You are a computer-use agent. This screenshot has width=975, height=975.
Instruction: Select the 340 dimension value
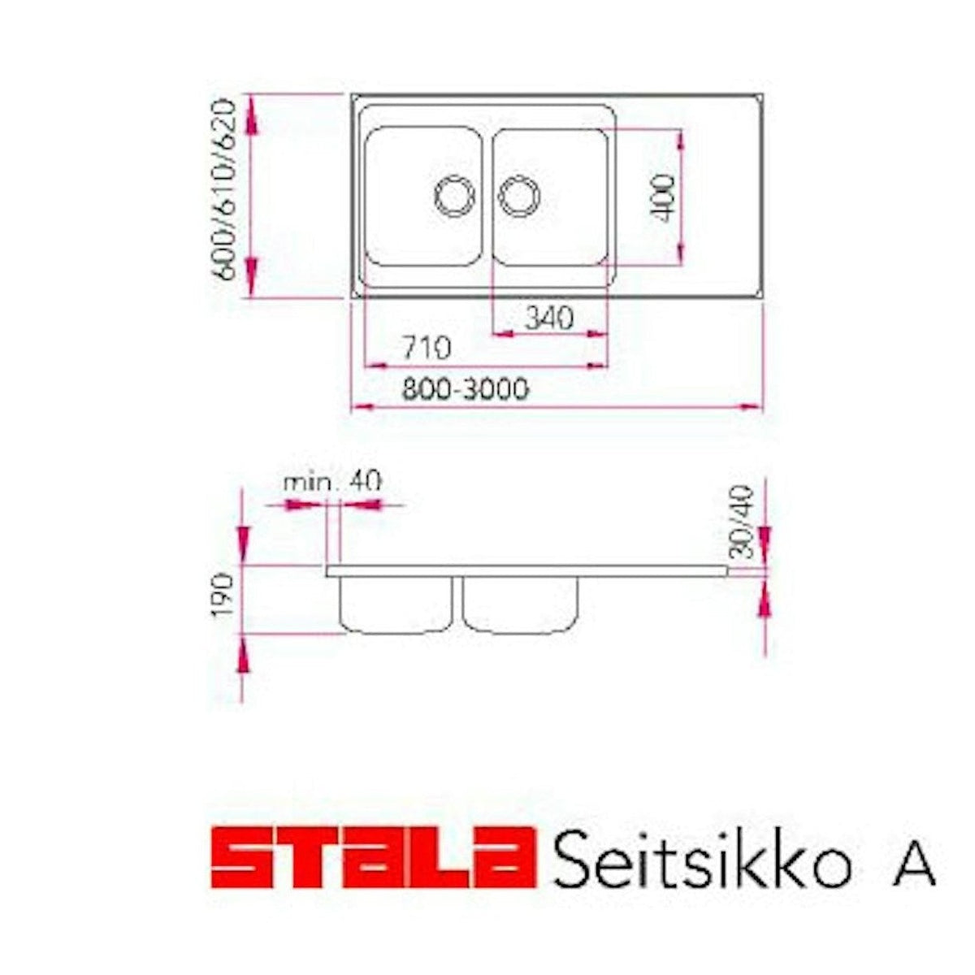548,317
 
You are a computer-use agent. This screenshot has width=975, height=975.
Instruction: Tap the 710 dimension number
426,349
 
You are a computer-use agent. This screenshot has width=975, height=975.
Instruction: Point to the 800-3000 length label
465,390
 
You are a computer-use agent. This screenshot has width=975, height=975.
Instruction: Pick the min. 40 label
331,481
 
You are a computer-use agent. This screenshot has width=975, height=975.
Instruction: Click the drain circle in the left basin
453,196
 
